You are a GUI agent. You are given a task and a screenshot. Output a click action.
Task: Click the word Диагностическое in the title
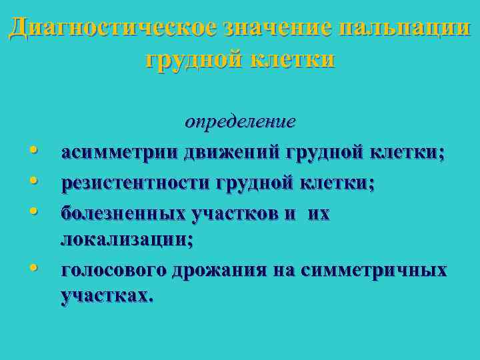click(113, 29)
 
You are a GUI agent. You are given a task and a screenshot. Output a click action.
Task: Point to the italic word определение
click(240, 123)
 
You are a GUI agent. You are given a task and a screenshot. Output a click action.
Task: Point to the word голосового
click(114, 271)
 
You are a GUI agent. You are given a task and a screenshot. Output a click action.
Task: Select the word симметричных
click(374, 271)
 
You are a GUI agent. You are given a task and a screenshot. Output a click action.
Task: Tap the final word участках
click(107, 296)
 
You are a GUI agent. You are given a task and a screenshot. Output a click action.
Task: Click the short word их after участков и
click(319, 213)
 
